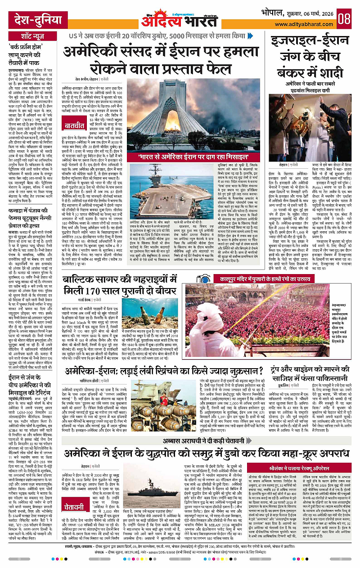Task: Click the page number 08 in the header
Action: pyautogui.click(x=345, y=19)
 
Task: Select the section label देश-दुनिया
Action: pyautogui.click(x=28, y=20)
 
